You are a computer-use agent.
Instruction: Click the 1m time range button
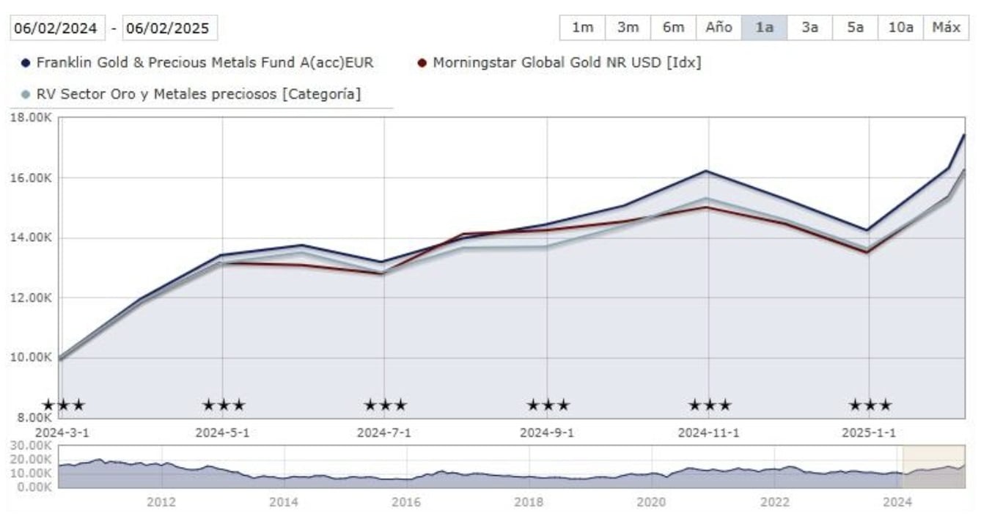click(582, 28)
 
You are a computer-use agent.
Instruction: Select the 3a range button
click(809, 28)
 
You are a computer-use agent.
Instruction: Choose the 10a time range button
click(900, 28)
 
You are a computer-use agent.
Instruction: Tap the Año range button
click(719, 28)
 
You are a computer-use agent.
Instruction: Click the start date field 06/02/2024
click(57, 29)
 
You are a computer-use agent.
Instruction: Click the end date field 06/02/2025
click(170, 29)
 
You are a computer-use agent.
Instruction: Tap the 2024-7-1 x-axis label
click(383, 432)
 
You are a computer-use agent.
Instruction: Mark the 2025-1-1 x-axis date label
click(869, 432)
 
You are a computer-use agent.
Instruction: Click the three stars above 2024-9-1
click(548, 405)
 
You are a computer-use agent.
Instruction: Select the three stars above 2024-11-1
click(709, 405)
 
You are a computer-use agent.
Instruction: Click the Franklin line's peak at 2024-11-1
click(707, 171)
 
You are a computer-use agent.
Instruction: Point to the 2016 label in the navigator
click(405, 502)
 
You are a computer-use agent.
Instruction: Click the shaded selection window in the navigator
click(933, 467)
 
